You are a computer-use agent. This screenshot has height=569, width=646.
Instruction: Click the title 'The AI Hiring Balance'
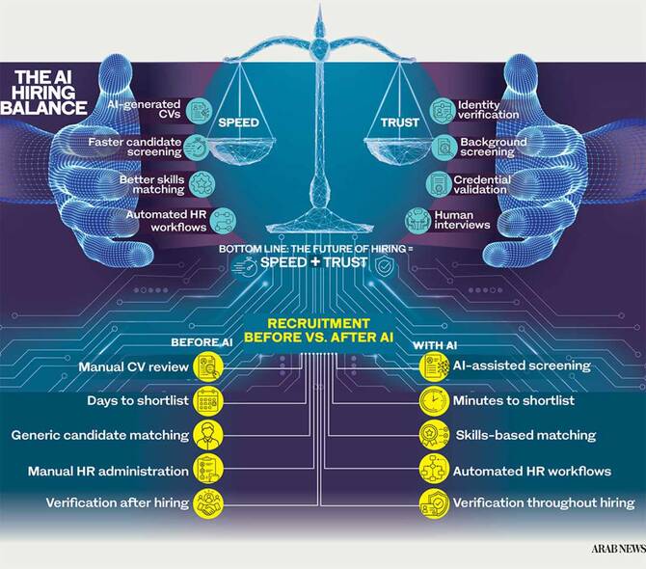43,93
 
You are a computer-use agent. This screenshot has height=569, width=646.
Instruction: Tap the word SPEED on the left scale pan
238,122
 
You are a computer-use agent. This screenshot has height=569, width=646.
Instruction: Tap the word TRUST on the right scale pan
399,122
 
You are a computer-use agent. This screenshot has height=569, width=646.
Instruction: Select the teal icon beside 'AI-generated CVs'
199,110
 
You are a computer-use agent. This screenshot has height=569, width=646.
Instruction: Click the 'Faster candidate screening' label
135,148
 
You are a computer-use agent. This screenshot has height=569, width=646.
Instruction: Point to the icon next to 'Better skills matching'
202,184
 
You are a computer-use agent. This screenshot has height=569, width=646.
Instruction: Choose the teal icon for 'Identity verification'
443,110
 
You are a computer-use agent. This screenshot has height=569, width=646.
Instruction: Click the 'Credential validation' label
482,184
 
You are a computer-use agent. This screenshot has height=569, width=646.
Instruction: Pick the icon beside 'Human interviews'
417,220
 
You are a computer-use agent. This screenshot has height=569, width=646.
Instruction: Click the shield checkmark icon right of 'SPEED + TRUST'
385,266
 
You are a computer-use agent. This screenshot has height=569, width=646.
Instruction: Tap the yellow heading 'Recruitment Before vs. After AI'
318,331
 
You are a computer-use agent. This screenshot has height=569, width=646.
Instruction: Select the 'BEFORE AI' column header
202,342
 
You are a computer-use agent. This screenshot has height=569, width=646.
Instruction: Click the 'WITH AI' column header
435,345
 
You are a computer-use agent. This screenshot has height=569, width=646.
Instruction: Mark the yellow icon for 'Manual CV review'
208,366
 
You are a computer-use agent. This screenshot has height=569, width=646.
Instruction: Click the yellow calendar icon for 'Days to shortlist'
208,400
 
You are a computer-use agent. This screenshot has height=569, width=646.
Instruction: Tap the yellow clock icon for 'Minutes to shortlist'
434,400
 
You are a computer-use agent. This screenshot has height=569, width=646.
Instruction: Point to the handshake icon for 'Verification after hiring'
208,503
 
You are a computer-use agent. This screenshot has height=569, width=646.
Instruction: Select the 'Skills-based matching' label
525,435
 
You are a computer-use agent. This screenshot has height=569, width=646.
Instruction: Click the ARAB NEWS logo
618,549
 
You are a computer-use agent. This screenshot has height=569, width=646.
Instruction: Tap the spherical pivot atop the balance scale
319,46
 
